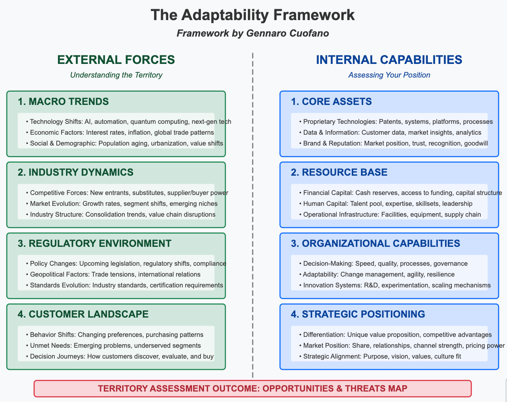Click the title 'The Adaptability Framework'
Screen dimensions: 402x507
pyautogui.click(x=253, y=15)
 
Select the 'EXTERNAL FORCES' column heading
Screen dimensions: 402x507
pyautogui.click(x=116, y=59)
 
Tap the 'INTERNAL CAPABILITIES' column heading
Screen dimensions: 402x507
pyautogui.click(x=389, y=59)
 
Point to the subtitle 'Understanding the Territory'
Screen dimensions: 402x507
pyautogui.click(x=116, y=75)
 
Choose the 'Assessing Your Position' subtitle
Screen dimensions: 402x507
pyautogui.click(x=389, y=75)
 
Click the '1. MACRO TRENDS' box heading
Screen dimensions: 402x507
pyautogui.click(x=63, y=102)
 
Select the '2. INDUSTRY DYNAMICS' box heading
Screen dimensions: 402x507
pyautogui.click(x=76, y=172)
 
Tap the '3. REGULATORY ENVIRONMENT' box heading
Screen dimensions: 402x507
pyautogui.click(x=95, y=243)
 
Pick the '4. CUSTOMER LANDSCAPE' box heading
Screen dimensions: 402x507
pyautogui.click(x=83, y=314)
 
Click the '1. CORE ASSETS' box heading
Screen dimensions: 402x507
pyautogui.click(x=331, y=102)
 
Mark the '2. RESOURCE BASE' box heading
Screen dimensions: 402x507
pyautogui.click(x=339, y=172)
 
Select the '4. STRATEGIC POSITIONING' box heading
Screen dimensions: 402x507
pyautogui.click(x=358, y=314)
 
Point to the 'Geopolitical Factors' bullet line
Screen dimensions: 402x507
pyautogui.click(x=115, y=274)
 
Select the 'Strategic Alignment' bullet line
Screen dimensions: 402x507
pyautogui.click(x=380, y=356)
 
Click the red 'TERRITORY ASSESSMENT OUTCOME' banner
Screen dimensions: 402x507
pyautogui.click(x=253, y=388)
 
